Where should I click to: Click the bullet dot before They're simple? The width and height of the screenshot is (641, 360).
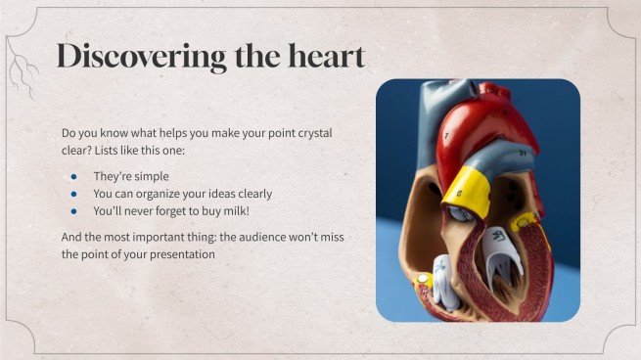click(x=74, y=176)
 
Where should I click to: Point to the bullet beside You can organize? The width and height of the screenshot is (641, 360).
click(x=74, y=194)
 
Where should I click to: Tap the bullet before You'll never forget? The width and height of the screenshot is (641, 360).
click(x=74, y=210)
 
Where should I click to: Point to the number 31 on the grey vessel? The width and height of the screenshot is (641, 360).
click(x=523, y=154)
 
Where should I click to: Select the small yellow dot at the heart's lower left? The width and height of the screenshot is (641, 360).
click(x=424, y=280)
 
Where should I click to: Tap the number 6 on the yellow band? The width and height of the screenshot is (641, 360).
click(x=458, y=195)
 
